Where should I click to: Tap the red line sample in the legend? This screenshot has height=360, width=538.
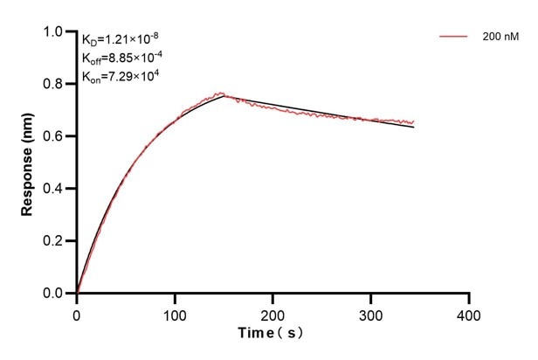(x=455, y=37)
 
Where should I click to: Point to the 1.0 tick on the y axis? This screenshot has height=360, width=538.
(x=54, y=32)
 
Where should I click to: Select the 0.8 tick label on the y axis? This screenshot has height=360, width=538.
(x=54, y=85)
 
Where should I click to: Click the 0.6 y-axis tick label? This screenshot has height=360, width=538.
(x=54, y=136)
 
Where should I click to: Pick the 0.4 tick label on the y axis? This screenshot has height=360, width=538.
(x=54, y=189)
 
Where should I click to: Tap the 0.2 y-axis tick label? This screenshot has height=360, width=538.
(x=54, y=241)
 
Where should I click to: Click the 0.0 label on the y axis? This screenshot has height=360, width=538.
(x=54, y=294)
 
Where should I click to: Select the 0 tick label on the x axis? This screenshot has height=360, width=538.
(x=77, y=313)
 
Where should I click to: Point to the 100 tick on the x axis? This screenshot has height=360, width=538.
(x=175, y=313)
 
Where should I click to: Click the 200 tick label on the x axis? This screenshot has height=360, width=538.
(x=273, y=313)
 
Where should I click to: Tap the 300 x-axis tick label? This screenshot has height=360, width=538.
(x=371, y=313)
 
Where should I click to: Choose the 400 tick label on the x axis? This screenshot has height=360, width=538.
(x=469, y=313)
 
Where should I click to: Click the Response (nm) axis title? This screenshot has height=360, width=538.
(x=28, y=163)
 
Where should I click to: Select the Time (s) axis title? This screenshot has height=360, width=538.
(x=272, y=334)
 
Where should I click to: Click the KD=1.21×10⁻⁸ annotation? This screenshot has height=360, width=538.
(x=121, y=39)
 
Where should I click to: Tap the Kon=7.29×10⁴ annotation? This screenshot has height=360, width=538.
(x=120, y=76)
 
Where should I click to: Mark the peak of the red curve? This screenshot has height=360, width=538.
(x=222, y=93)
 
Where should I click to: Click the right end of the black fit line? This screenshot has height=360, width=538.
(x=414, y=128)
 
